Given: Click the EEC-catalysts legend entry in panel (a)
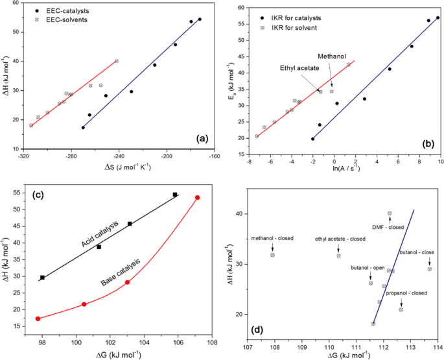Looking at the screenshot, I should coord(62,12).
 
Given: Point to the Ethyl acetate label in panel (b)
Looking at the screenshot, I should coord(299,67).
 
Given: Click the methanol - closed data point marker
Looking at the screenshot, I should coord(273,255).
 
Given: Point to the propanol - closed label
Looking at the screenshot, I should coord(407,293).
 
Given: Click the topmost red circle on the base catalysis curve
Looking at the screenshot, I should coord(197,197).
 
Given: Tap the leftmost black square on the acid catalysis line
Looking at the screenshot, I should coord(43,278).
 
